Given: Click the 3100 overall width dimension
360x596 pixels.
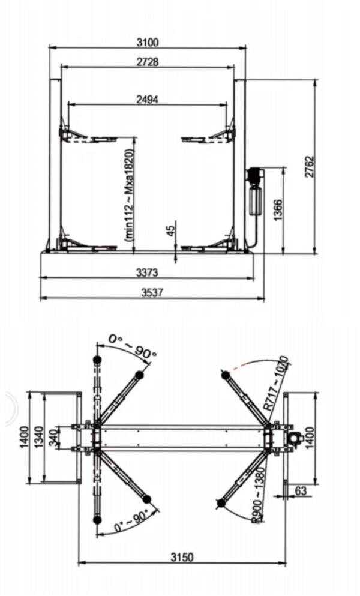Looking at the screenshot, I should [x=148, y=42].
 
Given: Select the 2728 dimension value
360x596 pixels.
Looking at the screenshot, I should [x=148, y=62].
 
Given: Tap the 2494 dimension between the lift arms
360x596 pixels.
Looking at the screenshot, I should [x=148, y=100].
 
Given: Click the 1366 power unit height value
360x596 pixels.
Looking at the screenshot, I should [x=277, y=210].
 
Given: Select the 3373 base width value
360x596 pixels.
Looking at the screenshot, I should [x=148, y=273].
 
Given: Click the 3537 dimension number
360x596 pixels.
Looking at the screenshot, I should [x=152, y=293].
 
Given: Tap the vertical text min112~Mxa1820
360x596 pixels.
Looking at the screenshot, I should [x=128, y=195].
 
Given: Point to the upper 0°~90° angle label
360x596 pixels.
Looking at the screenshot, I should [x=132, y=346].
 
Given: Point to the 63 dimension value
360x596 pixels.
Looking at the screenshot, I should [x=301, y=491].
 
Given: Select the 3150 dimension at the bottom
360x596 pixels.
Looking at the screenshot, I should [x=181, y=557].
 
